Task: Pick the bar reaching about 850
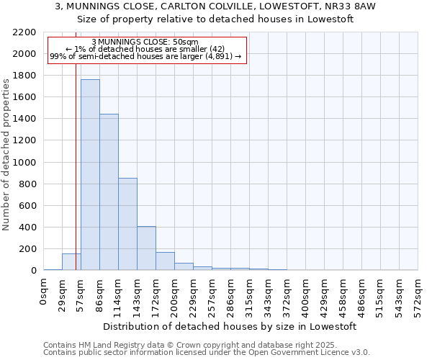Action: [127, 224]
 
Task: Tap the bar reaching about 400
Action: [146, 248]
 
